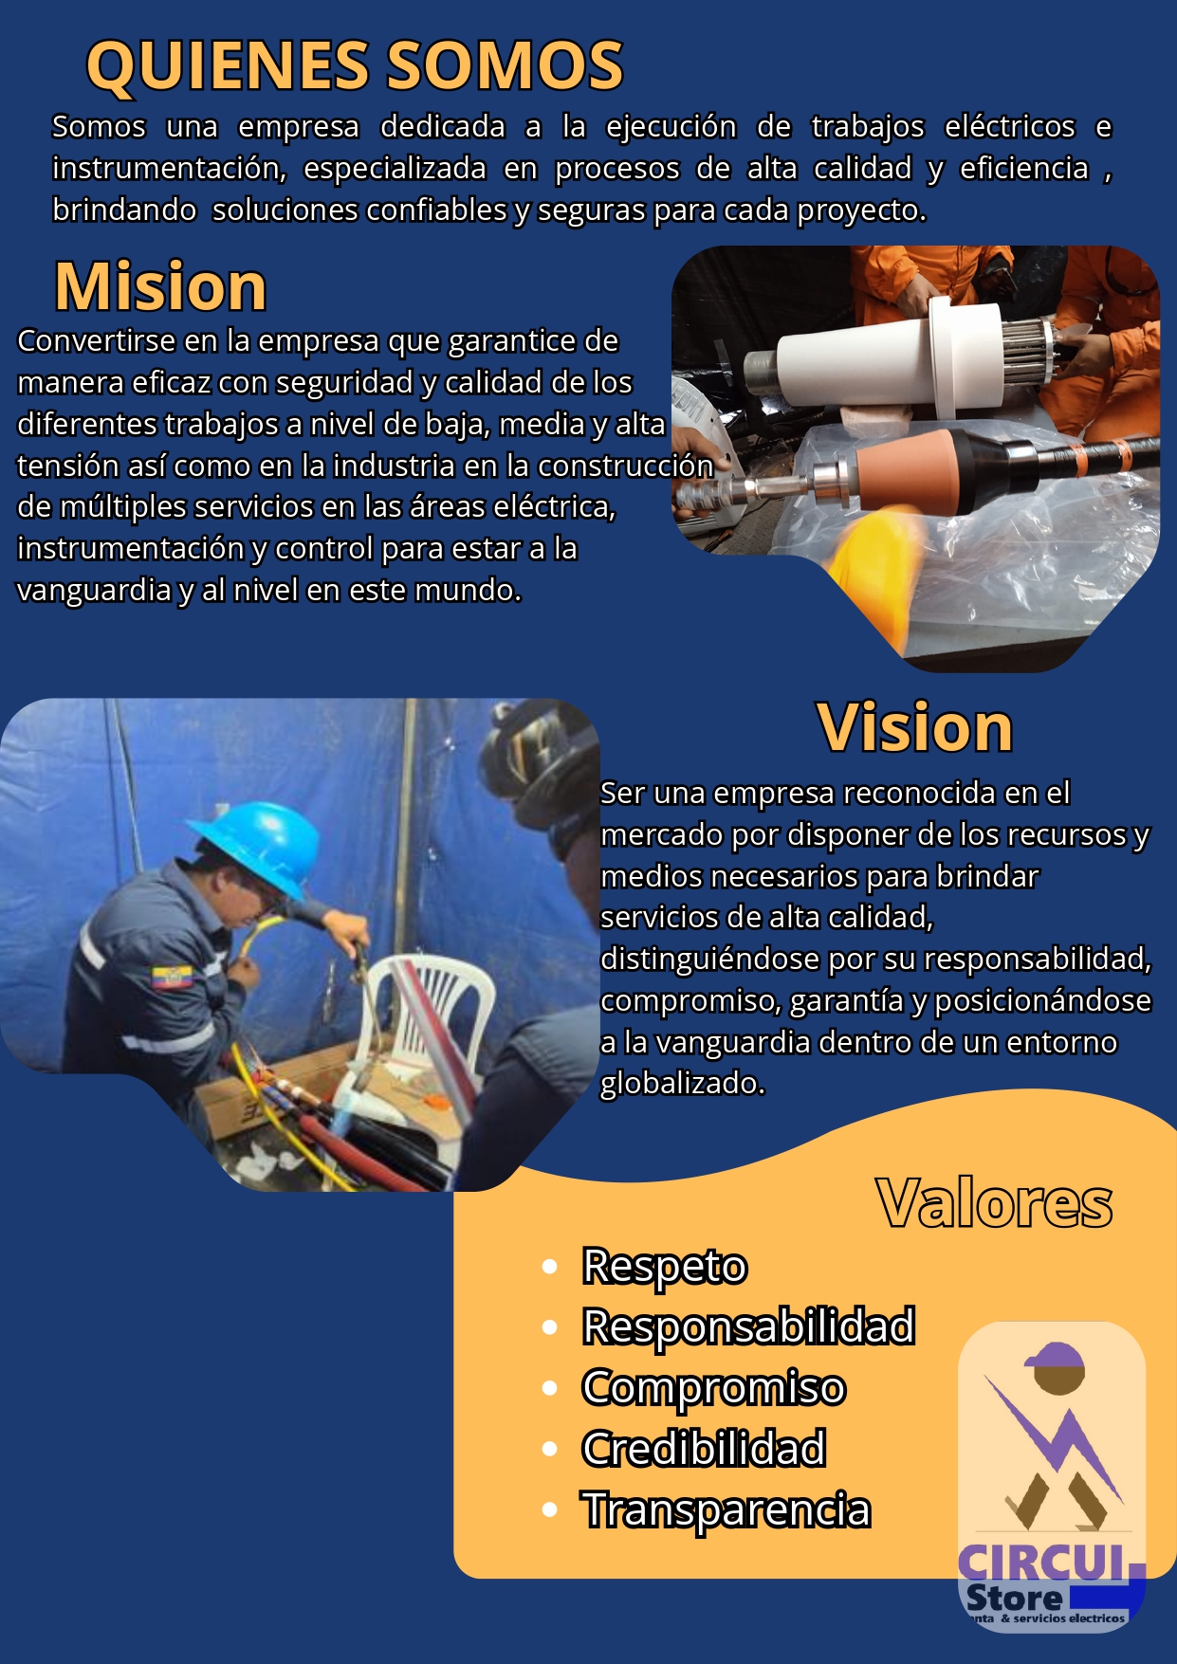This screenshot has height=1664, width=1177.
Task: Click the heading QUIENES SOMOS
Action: point(355,65)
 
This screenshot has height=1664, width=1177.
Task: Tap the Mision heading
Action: point(160,285)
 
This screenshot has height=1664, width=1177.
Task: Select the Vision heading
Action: point(915,727)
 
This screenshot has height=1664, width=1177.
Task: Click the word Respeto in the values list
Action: point(665,1267)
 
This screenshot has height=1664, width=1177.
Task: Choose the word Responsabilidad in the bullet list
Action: point(749,1326)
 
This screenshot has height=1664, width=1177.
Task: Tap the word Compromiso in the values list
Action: point(713,1388)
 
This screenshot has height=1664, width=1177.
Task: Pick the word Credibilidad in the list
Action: point(704,1449)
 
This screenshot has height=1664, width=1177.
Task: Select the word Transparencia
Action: point(726,1509)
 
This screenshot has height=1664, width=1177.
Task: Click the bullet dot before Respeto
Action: point(549,1267)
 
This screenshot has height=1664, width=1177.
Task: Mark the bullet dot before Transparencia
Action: point(549,1509)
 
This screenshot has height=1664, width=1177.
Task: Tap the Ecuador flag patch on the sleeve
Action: point(172,978)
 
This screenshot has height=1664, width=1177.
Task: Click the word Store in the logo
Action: point(1014,1598)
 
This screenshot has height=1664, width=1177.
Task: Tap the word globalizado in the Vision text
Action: point(682,1084)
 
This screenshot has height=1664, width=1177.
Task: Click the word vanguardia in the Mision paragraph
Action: point(95,591)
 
